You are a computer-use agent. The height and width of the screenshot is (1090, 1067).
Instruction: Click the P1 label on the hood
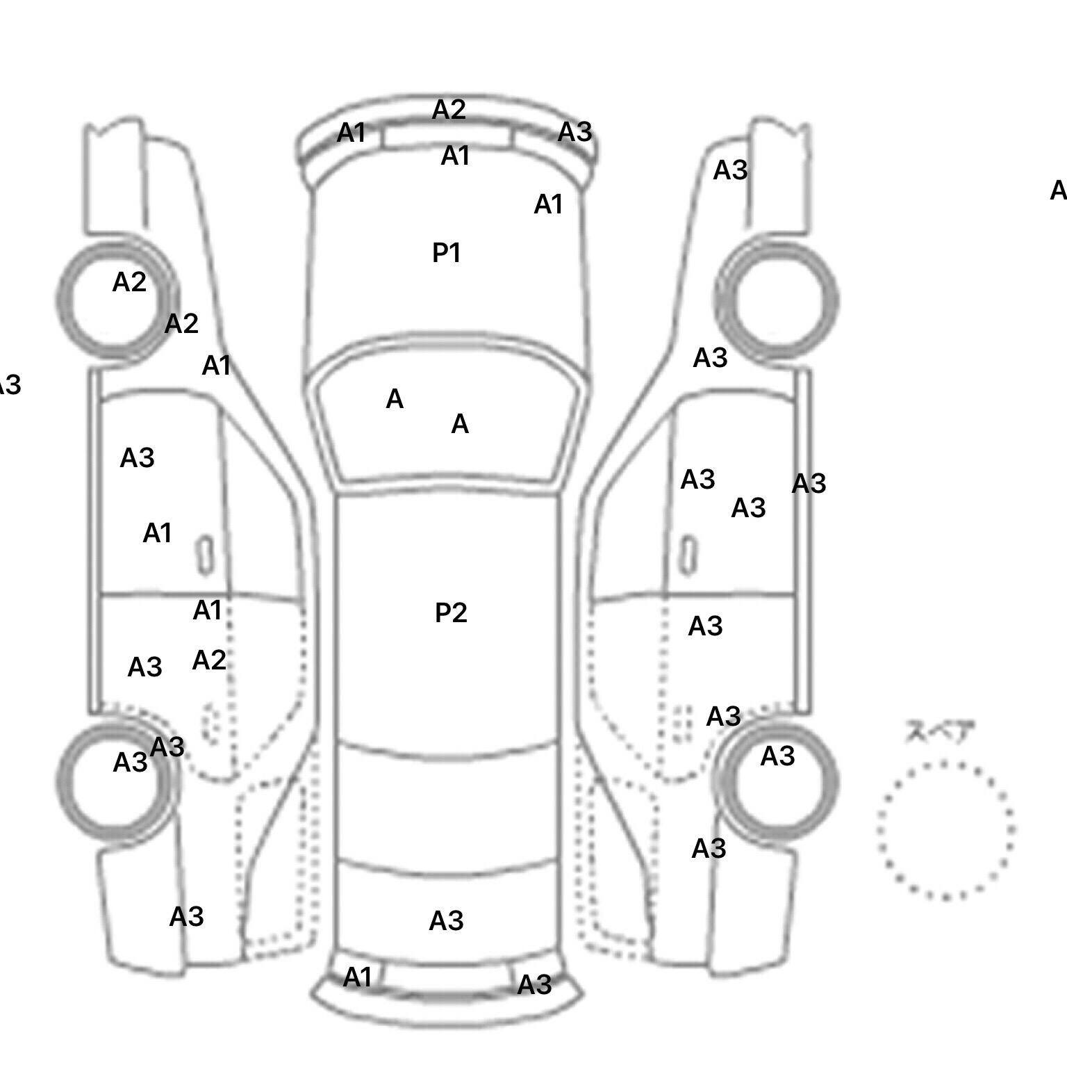coord(446,252)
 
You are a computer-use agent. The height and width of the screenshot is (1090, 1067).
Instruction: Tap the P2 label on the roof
coord(451,612)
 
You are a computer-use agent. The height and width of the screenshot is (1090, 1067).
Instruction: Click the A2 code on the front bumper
coord(448,109)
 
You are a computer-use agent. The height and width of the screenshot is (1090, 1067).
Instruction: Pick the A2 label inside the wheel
coord(129,282)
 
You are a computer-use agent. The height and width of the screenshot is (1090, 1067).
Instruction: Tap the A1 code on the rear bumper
coord(358,977)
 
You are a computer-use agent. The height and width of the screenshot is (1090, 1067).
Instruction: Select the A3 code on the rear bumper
coord(534,984)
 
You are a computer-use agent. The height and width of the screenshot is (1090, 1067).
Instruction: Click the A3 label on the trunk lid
coord(446,920)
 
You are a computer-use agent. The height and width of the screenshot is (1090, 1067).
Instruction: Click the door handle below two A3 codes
coord(688,555)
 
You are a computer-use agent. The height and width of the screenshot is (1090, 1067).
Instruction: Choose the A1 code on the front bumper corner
coord(351,132)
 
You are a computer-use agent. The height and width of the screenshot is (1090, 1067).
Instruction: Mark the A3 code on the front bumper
coord(574,131)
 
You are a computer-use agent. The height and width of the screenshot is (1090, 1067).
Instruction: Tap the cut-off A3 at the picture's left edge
coord(8,384)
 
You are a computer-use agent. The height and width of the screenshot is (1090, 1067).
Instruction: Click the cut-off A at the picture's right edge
coord(1058,190)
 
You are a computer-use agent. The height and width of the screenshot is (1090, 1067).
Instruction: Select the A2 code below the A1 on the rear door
coord(208,660)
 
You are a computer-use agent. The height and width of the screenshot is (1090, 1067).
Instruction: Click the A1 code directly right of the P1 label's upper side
coord(548,204)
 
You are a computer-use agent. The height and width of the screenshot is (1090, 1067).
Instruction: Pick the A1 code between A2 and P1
coord(455,156)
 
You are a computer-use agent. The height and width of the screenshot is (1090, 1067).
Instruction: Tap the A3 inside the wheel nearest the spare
coord(777,756)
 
